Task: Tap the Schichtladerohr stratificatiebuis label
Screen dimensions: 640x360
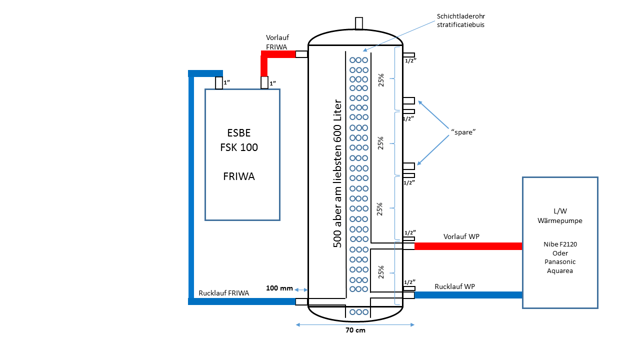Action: (x=460, y=20)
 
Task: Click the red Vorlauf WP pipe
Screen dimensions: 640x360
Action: (x=468, y=246)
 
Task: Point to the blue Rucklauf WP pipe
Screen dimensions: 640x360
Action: (x=468, y=295)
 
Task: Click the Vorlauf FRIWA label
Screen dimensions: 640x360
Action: (x=277, y=42)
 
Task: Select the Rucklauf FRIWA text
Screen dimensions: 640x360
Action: (x=223, y=293)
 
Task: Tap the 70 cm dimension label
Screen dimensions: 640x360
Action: (x=355, y=330)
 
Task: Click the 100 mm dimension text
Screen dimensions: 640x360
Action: (x=279, y=288)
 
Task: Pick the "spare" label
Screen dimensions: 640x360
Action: (x=463, y=132)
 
